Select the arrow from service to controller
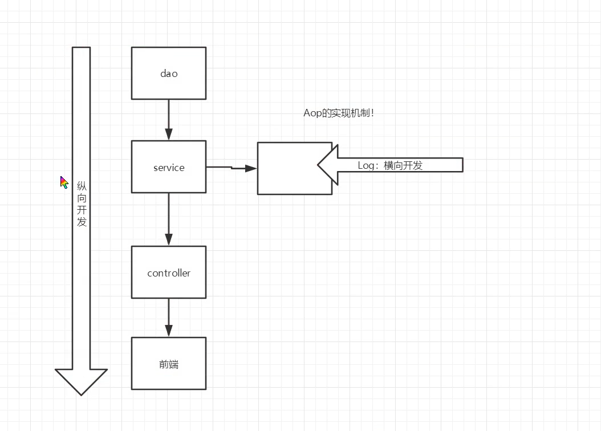(x=168, y=219)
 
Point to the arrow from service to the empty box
(x=231, y=168)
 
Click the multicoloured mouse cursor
(x=64, y=182)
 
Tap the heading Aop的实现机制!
(x=339, y=113)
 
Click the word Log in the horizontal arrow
(x=365, y=165)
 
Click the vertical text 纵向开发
(x=82, y=204)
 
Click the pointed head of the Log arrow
(x=320, y=165)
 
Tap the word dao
(x=169, y=74)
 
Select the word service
(x=169, y=168)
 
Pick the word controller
(x=169, y=273)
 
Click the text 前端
(x=169, y=364)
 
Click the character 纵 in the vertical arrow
(x=82, y=186)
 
